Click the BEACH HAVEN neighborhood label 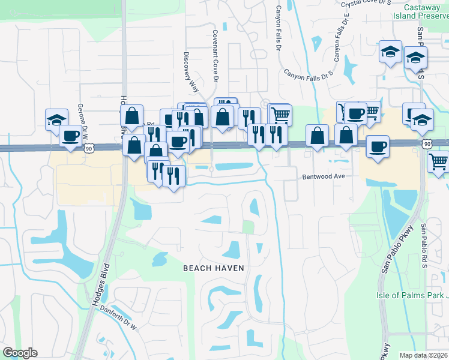214,268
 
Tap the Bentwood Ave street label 323,177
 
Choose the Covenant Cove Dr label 214,53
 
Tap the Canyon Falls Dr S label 308,76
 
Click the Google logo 20,353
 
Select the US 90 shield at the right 427,144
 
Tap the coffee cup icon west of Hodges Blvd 71,136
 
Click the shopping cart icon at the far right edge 439,161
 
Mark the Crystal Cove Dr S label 366,4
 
